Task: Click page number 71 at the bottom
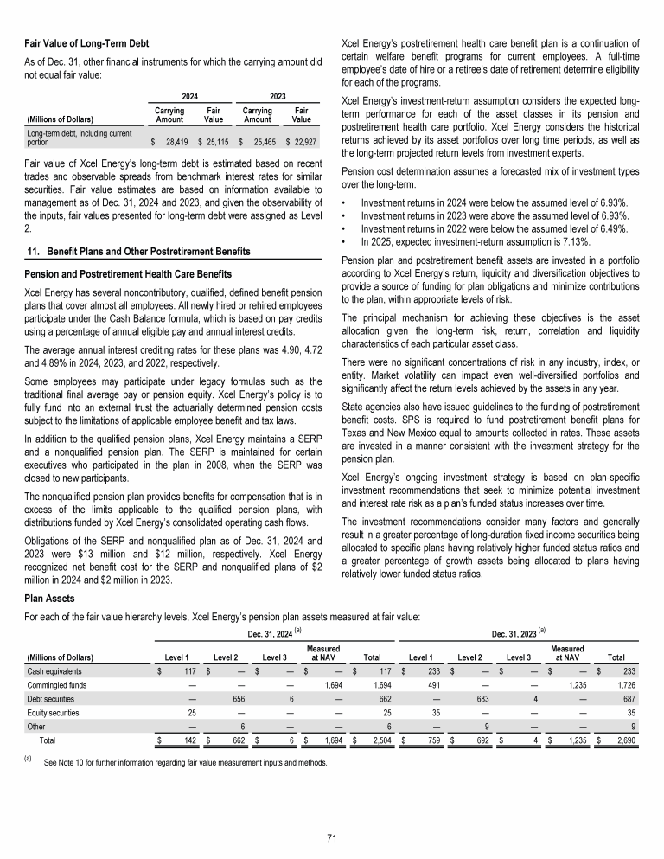click(332, 837)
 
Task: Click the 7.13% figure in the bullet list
click(575, 242)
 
